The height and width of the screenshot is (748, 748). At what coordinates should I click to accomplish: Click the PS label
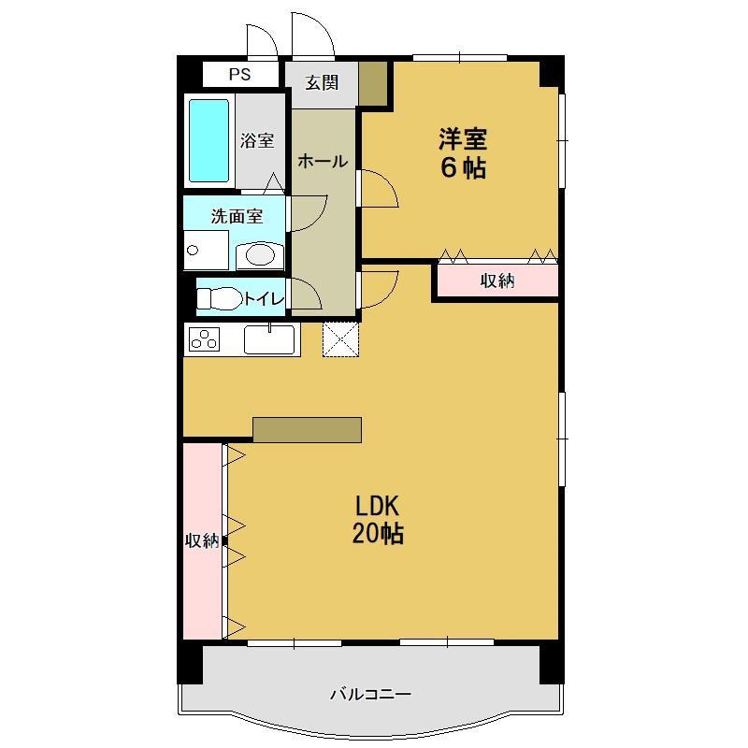pos(240,75)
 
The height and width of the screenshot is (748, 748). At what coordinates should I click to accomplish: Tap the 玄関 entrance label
pos(322,83)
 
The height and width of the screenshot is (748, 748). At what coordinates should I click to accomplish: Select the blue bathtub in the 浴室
pos(209,140)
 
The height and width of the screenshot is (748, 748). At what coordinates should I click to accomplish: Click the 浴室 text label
pos(257,141)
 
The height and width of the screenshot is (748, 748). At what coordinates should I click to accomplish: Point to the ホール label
pos(323,162)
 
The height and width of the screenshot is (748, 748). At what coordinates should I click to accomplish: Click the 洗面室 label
pos(236,216)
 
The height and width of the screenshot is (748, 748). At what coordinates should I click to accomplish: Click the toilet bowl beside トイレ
pos(217,299)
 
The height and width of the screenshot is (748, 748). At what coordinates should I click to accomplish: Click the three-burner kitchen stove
pos(204,339)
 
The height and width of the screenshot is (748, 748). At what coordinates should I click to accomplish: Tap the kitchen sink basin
pos(269,339)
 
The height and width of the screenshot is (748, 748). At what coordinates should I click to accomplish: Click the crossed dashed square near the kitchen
pos(340,338)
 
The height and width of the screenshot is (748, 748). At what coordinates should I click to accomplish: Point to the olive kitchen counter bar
pos(307,429)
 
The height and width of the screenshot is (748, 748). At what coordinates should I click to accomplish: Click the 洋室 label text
pos(463,140)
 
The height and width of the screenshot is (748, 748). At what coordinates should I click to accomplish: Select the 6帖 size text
pos(463,168)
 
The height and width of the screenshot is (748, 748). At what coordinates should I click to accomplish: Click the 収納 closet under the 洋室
pos(497,280)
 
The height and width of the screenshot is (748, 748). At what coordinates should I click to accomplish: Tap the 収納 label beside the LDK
pos(201,539)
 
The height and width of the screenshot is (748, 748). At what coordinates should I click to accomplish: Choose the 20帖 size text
pos(378,535)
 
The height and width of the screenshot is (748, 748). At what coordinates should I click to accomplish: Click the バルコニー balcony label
pos(370,695)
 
